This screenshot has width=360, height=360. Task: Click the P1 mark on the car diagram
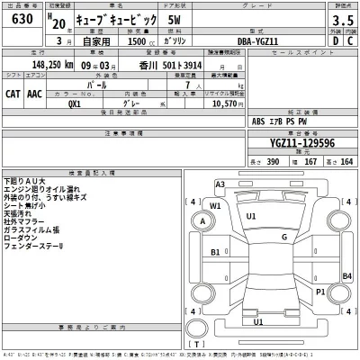(x=320, y=292)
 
